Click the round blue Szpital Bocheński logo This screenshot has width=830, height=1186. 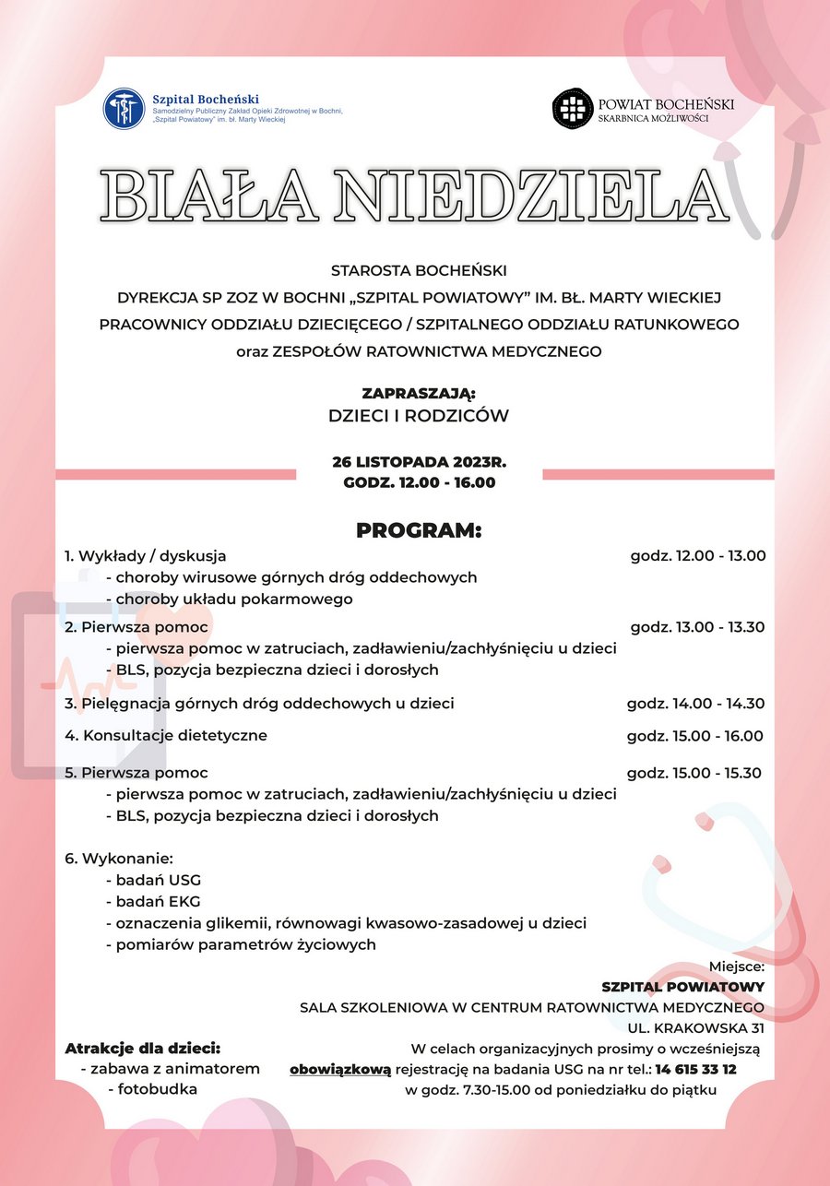[124, 109]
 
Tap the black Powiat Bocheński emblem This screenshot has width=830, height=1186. [571, 109]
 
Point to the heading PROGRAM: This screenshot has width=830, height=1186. [419, 530]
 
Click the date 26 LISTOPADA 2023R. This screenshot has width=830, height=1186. [419, 462]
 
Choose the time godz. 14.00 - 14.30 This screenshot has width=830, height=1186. [695, 704]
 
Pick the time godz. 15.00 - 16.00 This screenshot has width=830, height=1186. [695, 736]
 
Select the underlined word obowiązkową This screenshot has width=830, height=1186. [340, 1070]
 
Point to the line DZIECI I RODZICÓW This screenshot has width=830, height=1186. [419, 416]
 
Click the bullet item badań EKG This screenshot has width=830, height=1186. [157, 901]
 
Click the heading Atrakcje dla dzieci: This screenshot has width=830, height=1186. [143, 1049]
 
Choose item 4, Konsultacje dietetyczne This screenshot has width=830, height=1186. [166, 736]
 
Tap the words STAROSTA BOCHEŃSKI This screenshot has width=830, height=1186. [419, 270]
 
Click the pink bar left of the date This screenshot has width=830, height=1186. [175, 475]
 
